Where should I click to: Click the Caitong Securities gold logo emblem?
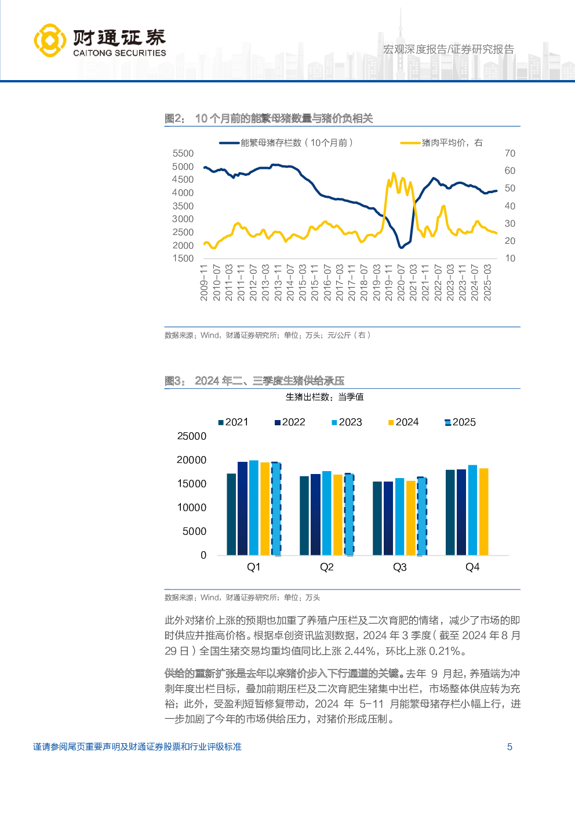coord(50,40)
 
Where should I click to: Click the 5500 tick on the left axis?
coord(183,153)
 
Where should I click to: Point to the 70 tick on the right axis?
coord(510,153)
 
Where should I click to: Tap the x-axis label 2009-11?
coord(204,283)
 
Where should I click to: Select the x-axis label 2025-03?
coord(487,283)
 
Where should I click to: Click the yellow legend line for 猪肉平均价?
coord(410,143)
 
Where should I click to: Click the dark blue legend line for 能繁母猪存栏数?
coord(229,143)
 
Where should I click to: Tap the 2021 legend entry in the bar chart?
coord(233,422)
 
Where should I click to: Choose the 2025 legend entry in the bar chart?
coord(460,422)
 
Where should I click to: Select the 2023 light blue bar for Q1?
coord(254,508)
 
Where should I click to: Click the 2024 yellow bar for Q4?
coord(484,512)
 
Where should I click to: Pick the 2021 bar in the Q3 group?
coord(377,518)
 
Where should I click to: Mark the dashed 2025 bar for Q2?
coord(349,515)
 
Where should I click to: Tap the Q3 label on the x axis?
coord(400,567)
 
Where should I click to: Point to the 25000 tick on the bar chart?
coord(192,436)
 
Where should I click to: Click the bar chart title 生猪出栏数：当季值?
coord(325,397)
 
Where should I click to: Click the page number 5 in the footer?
coord(510,747)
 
